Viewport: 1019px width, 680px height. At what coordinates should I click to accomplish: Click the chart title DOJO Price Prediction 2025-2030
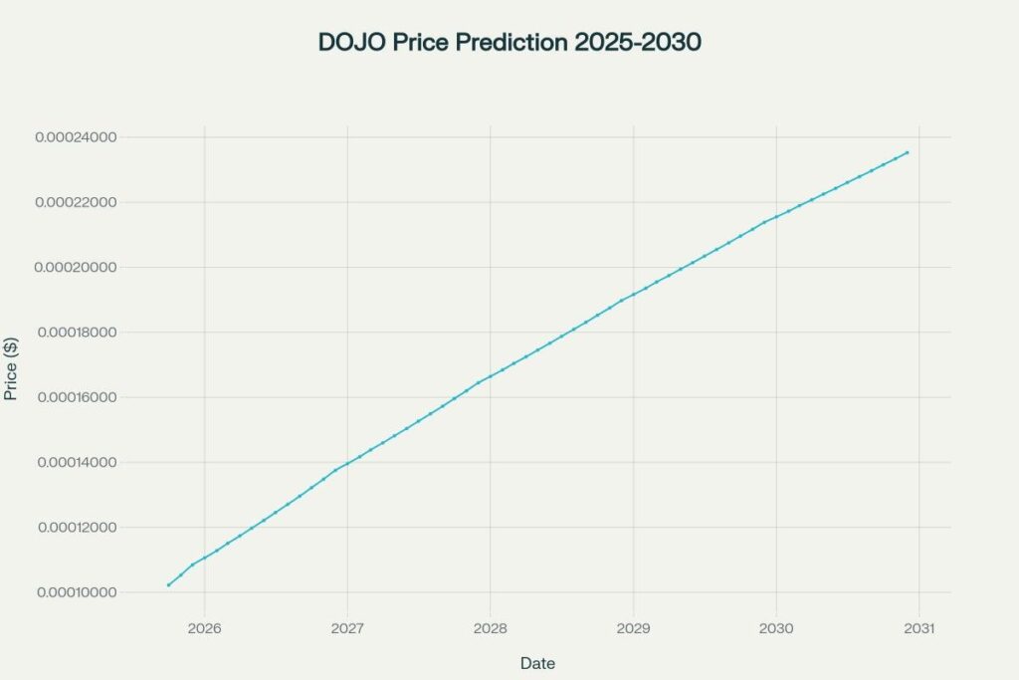point(509,43)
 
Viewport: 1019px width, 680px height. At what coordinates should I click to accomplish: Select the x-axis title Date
point(537,663)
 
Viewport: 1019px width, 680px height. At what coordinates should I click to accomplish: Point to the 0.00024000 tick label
point(77,137)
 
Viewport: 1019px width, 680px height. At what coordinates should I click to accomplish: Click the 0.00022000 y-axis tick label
point(77,202)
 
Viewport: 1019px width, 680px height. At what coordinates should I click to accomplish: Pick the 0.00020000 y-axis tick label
point(77,268)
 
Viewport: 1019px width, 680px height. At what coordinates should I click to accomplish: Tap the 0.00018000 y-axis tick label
point(77,333)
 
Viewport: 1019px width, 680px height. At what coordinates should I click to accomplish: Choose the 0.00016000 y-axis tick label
point(77,397)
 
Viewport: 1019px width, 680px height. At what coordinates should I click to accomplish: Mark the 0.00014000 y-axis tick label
point(77,463)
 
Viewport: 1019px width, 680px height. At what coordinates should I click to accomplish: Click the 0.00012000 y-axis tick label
point(77,528)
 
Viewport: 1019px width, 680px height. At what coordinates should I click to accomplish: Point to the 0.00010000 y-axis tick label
point(77,592)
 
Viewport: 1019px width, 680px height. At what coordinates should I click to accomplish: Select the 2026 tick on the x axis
point(204,628)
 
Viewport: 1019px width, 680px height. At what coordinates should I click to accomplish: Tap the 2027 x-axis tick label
point(347,628)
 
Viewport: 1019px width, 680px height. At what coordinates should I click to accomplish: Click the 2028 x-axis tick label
point(491,628)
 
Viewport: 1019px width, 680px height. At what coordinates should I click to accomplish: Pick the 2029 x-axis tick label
point(633,628)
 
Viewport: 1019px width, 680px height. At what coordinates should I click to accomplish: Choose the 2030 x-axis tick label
point(776,628)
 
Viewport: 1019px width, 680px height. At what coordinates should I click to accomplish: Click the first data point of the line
point(168,585)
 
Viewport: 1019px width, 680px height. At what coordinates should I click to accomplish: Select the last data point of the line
point(908,152)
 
